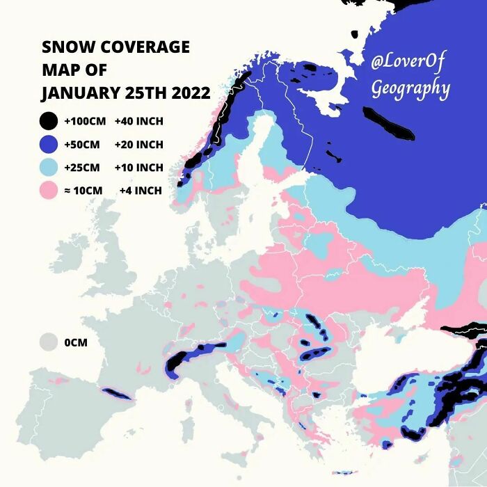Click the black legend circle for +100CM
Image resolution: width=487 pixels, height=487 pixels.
pos(48,121)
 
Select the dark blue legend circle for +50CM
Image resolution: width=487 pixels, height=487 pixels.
pos(48,145)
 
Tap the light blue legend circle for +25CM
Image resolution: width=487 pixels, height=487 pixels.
pos(48,168)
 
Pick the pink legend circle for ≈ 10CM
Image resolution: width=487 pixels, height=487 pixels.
pos(48,191)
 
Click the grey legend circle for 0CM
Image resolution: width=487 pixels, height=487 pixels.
pos(48,342)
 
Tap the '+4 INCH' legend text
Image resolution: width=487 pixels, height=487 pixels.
pos(141,191)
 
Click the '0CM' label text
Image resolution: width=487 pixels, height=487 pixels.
pos(76,343)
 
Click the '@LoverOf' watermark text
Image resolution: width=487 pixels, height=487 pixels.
pos(407,63)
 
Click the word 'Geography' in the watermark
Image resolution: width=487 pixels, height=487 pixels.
pos(410,89)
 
